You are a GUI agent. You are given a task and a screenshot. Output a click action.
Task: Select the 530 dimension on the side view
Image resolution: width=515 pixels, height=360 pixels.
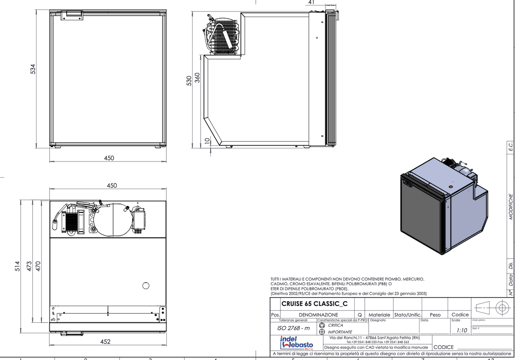point(190,81)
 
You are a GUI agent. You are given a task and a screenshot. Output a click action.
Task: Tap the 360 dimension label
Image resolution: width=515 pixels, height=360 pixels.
point(197,77)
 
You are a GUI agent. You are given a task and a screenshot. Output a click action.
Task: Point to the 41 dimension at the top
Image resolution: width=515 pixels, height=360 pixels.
point(312,3)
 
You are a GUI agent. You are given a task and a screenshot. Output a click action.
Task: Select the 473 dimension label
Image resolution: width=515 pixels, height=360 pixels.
point(30,266)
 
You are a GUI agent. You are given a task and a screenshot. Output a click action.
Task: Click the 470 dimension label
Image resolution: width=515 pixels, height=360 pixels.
point(38,266)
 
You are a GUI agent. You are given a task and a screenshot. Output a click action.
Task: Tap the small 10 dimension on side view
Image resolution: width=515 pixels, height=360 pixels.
point(207,141)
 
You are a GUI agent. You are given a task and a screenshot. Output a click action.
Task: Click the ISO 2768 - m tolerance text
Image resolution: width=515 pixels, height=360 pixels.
point(294,328)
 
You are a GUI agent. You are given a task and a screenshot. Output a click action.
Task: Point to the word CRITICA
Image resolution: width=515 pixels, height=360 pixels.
point(336,325)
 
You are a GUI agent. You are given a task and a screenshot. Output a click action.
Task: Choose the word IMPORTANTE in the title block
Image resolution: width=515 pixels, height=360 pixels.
point(340,332)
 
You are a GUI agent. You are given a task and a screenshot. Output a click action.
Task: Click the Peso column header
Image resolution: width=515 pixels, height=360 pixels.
point(435,315)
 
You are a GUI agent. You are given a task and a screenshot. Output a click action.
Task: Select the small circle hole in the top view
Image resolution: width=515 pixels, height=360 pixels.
point(146,285)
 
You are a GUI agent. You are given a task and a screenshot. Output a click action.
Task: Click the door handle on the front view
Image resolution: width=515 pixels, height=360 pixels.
point(72,15)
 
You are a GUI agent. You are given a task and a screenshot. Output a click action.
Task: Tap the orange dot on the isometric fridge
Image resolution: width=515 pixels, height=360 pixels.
point(451,185)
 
